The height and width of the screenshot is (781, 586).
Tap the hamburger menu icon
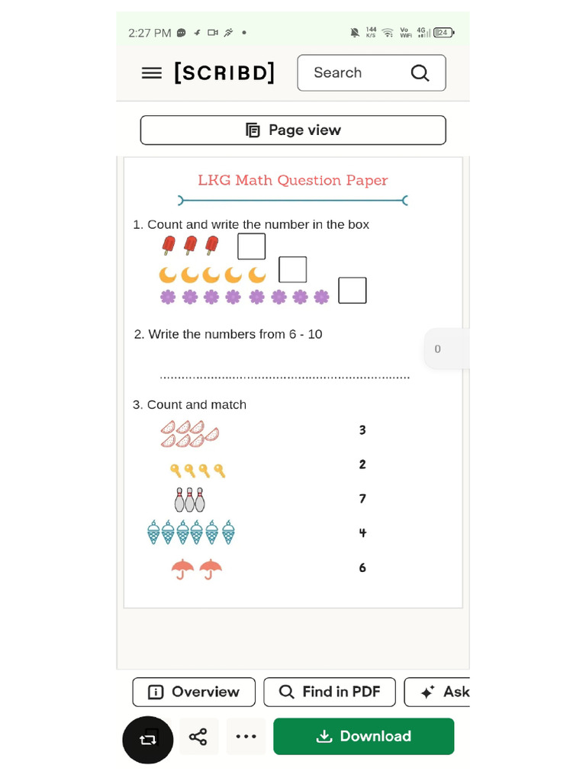(x=152, y=73)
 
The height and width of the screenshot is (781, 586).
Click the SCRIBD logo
(x=224, y=73)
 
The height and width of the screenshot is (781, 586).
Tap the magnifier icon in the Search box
(x=420, y=73)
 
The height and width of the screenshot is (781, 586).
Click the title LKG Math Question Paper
(x=292, y=181)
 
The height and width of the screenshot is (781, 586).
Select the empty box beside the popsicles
(x=252, y=246)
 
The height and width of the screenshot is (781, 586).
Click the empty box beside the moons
(x=293, y=270)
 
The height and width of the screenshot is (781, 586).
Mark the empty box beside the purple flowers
(x=353, y=291)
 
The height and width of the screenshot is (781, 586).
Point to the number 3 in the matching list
(x=362, y=430)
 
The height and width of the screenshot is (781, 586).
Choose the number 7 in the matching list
(x=362, y=499)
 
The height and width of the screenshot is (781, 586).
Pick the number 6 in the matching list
(x=362, y=567)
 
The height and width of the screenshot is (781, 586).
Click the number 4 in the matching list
(x=362, y=533)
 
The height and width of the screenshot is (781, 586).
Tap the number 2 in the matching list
(x=362, y=464)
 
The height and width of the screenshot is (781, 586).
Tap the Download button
(x=363, y=737)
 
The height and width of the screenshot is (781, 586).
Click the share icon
(x=198, y=737)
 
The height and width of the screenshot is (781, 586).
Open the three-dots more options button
(x=246, y=737)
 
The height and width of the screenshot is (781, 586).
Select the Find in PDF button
(x=330, y=692)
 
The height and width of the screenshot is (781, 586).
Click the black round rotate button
(x=148, y=739)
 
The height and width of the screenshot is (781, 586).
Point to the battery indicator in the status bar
(x=443, y=33)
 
